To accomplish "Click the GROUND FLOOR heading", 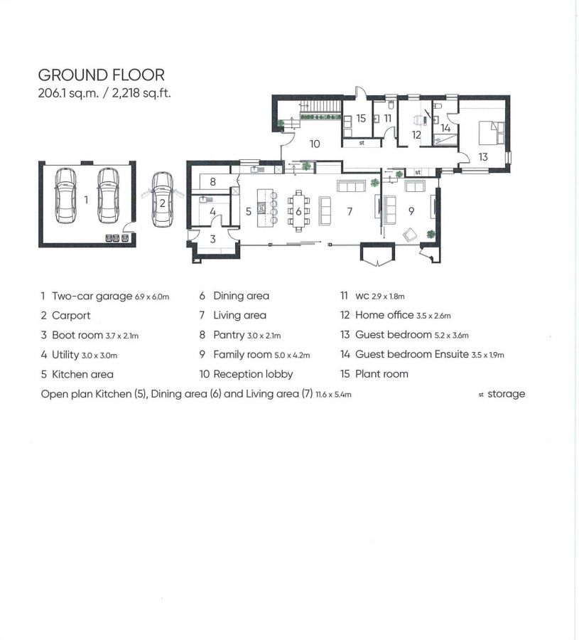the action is click(x=101, y=75).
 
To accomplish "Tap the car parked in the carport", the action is click(x=162, y=199).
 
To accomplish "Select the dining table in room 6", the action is click(x=298, y=211).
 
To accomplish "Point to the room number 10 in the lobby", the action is click(x=315, y=144).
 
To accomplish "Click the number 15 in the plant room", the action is click(x=361, y=118).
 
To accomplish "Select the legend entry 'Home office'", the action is click(x=384, y=315).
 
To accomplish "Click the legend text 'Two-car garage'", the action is click(x=92, y=296).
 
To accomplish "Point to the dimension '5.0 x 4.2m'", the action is click(x=292, y=355).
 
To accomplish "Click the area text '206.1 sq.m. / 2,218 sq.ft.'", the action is click(x=104, y=93).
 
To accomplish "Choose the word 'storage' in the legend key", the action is click(x=506, y=394).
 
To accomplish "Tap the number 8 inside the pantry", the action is click(x=212, y=181).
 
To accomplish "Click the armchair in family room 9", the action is click(x=410, y=235).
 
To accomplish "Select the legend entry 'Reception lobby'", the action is click(x=253, y=374).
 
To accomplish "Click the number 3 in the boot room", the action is click(x=212, y=239).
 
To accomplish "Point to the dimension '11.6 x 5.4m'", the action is click(x=333, y=395).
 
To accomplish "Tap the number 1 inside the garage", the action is click(x=86, y=200).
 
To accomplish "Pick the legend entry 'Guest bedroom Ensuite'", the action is click(x=412, y=354).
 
